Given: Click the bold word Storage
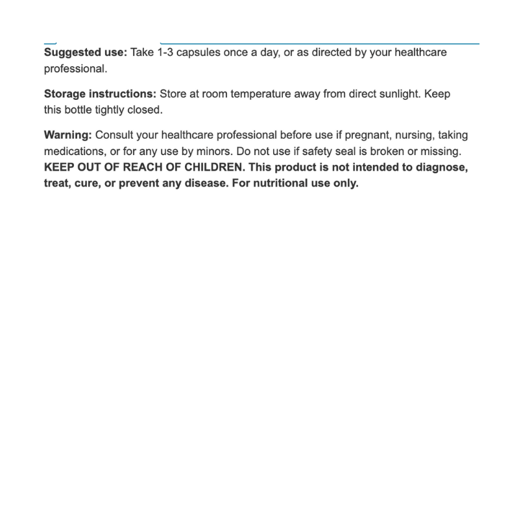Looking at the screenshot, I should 64,93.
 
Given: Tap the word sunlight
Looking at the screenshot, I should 397,93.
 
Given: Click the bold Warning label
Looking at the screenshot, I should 67,135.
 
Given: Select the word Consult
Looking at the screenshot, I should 114,135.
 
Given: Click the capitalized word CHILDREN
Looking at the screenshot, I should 210,167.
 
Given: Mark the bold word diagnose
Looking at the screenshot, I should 441,167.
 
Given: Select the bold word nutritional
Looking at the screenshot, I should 300,183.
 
